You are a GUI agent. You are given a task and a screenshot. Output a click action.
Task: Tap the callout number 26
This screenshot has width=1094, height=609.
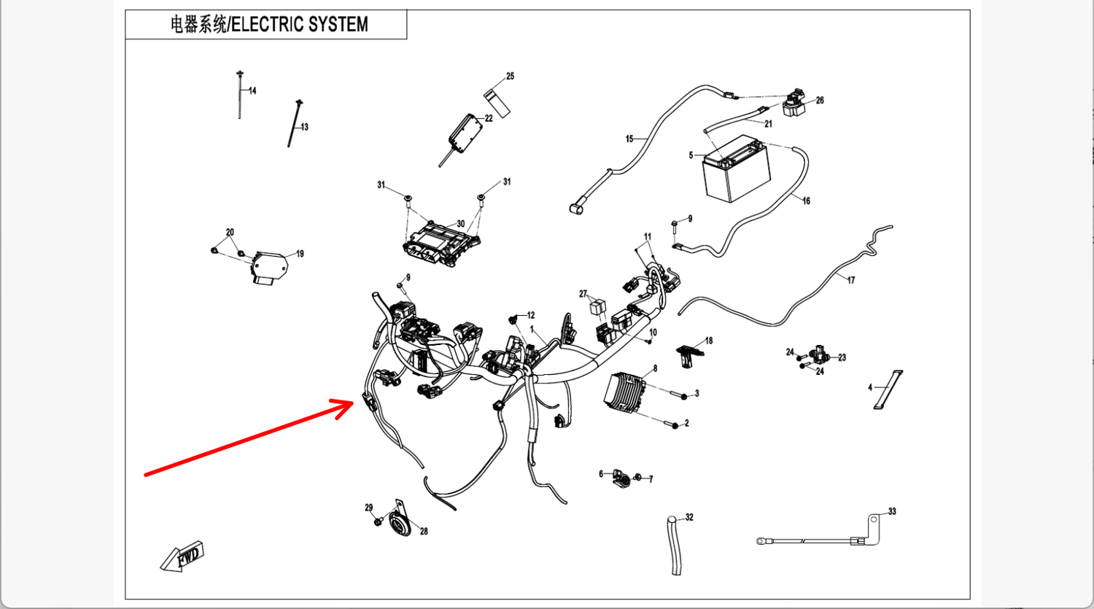click(x=820, y=101)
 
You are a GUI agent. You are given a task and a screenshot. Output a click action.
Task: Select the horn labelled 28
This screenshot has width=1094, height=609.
click(x=399, y=523)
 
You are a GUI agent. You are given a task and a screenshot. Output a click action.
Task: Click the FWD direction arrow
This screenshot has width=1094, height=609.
click(x=182, y=556)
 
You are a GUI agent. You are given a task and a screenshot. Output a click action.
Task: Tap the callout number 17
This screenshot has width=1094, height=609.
click(x=850, y=280)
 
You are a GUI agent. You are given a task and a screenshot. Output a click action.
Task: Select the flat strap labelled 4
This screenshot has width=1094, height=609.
click(x=888, y=390)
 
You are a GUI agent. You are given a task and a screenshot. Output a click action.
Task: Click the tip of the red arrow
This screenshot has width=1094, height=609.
click(x=353, y=402)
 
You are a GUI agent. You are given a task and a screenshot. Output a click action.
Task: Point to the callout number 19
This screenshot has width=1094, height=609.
click(x=300, y=254)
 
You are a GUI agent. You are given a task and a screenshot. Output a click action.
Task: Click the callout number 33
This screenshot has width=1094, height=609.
click(x=892, y=512)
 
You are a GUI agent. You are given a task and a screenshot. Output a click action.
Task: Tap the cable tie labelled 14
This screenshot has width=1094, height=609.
click(x=239, y=95)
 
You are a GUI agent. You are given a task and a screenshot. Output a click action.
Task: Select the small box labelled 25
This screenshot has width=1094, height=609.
click(x=497, y=101)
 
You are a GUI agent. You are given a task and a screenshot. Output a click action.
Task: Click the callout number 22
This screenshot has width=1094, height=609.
click(x=489, y=118)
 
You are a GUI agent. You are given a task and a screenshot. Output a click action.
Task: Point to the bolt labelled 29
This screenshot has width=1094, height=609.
click(x=378, y=521)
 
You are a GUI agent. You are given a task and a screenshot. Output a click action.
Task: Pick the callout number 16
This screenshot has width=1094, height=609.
click(x=806, y=201)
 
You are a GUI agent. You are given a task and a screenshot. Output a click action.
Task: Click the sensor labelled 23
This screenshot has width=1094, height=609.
click(x=817, y=356)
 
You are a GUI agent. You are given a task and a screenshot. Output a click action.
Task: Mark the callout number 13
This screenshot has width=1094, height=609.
click(x=304, y=127)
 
